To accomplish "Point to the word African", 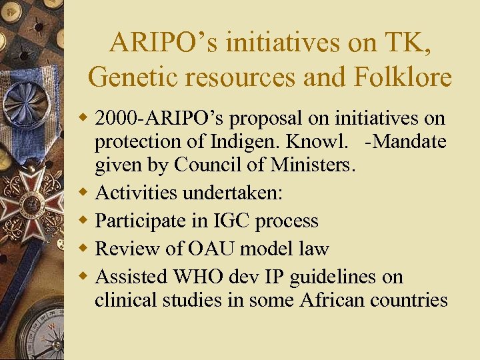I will point(333,300).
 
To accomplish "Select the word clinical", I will point(126,300).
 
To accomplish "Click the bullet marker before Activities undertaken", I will point(85,193).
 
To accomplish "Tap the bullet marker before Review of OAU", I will point(85,249).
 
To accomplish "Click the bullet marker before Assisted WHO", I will point(85,276).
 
